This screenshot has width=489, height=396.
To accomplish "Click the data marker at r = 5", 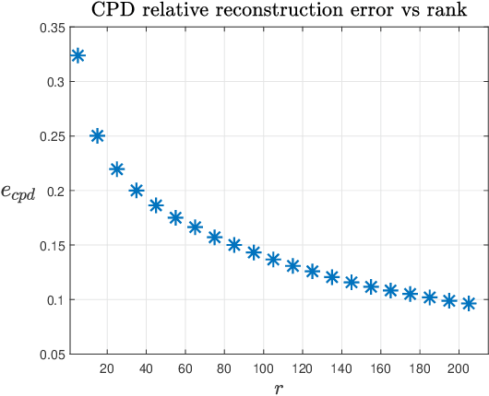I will click(x=78, y=56).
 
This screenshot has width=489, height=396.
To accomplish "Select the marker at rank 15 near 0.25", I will click(x=97, y=135).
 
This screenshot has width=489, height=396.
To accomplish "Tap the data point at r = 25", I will click(x=116, y=169).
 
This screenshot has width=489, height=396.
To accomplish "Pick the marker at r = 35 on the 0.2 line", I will click(x=137, y=191).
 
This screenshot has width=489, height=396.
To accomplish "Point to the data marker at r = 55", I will click(x=175, y=217).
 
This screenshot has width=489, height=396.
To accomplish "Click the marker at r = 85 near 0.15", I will click(x=234, y=245).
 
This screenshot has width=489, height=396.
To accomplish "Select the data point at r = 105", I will click(x=273, y=260).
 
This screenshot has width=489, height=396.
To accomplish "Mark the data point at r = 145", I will click(x=352, y=282).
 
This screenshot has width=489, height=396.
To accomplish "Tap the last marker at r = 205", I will click(x=469, y=303).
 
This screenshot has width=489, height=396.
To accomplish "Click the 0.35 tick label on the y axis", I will click(x=51, y=28).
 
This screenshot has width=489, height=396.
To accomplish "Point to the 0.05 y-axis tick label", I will click(x=51, y=355).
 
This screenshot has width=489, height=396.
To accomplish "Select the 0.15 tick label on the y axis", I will click(x=51, y=246).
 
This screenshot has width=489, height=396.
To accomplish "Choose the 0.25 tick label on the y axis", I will click(x=51, y=136).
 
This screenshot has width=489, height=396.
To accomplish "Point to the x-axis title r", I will click(x=278, y=388).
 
